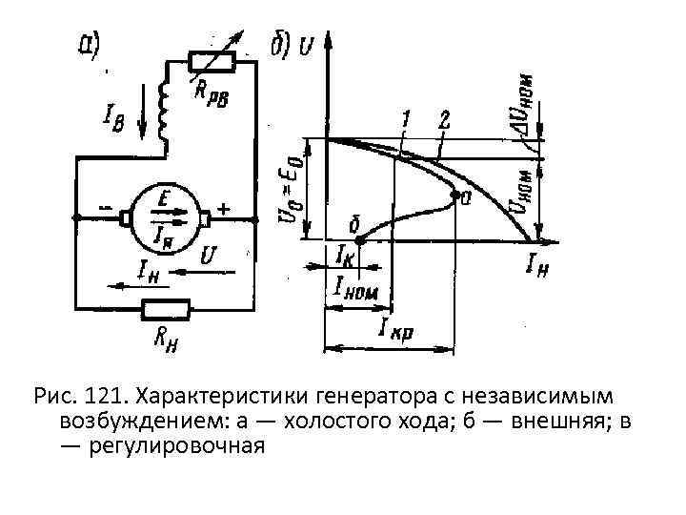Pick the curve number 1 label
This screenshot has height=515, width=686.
click(x=407, y=118)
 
